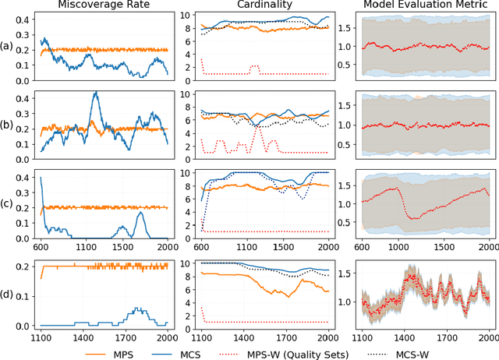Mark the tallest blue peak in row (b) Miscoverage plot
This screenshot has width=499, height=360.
[x=95, y=93]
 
